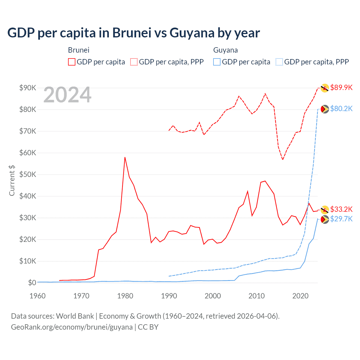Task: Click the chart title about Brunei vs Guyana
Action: (x=134, y=33)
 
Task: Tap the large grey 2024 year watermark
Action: (x=67, y=95)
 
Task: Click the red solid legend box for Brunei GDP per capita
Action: (x=72, y=62)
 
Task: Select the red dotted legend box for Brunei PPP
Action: (x=134, y=62)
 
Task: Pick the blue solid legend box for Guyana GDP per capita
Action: (x=217, y=62)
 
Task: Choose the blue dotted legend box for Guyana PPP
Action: (x=279, y=62)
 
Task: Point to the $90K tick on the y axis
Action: (x=28, y=88)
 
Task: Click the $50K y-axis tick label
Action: (x=28, y=174)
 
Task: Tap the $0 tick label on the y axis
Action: (x=32, y=283)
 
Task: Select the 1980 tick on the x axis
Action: (x=125, y=296)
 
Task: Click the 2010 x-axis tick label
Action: (x=256, y=296)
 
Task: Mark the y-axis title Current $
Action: (x=12, y=180)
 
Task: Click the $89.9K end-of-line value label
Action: (x=341, y=87)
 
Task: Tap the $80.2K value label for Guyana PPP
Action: (x=341, y=109)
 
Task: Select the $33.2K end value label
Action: (x=341, y=209)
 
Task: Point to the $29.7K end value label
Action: (x=341, y=219)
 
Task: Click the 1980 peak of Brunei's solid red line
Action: (x=125, y=157)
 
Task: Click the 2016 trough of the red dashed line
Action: (x=283, y=159)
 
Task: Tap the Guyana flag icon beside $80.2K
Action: (x=325, y=109)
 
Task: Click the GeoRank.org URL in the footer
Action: (x=72, y=327)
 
